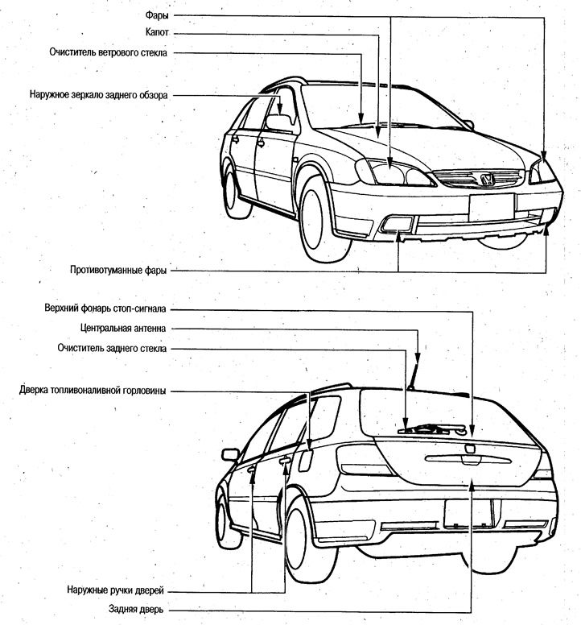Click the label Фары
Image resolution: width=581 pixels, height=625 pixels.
[156, 15]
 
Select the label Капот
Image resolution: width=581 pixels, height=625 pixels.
[157, 32]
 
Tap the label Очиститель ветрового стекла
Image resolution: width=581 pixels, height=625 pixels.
[109, 52]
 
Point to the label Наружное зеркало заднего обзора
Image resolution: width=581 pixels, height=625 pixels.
[98, 95]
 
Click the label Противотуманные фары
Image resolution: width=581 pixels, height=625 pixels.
[118, 270]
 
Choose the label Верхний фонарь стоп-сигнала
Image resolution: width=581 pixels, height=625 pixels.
[105, 308]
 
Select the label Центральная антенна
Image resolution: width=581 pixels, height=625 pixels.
[123, 328]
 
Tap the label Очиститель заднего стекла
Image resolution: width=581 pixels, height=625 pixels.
[112, 348]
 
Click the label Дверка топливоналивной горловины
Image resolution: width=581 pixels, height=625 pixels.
[93, 391]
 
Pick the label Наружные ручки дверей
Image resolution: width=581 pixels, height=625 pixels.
[116, 590]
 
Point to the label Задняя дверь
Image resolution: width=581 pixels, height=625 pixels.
[136, 609]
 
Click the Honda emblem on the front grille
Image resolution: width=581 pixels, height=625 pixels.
[487, 179]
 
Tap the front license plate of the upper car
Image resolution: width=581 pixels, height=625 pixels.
[492, 207]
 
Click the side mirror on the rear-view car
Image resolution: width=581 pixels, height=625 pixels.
[230, 454]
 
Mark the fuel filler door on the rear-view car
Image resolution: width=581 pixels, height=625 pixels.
[306, 461]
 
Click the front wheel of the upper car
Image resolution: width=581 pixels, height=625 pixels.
[319, 219]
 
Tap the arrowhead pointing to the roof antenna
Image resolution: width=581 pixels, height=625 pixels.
[418, 358]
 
